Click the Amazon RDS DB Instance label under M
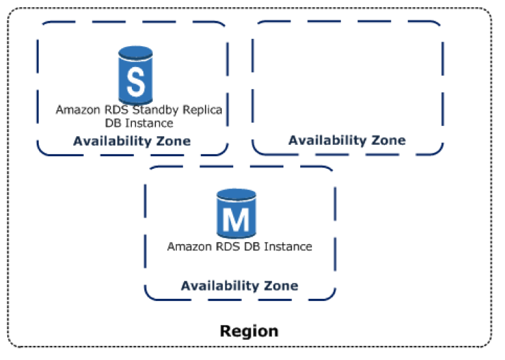coord(239,247)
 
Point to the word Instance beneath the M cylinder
coord(288,247)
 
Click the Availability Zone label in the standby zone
coord(132,141)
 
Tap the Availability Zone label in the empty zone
coord(347,140)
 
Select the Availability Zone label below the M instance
coord(239,286)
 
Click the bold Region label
coord(248,331)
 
